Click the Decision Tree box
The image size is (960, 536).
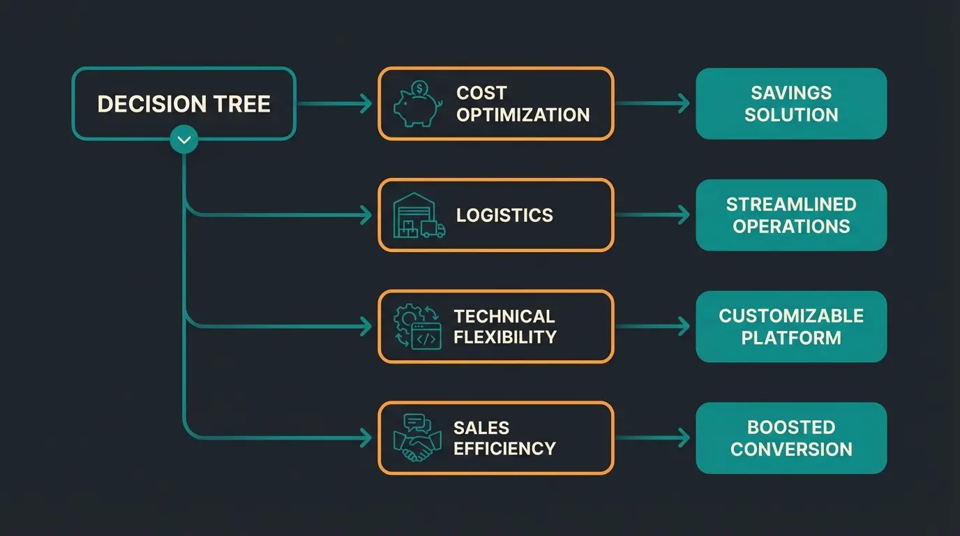point(184,103)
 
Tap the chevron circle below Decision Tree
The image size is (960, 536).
point(184,140)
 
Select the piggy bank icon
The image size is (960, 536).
point(417,105)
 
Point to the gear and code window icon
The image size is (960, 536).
point(417,327)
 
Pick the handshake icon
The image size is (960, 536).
point(417,438)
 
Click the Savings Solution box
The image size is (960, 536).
point(791,103)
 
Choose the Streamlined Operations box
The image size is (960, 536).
point(791,215)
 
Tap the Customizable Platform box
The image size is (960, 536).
point(791,327)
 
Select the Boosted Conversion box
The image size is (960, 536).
point(791,438)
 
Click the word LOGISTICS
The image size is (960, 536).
point(504,215)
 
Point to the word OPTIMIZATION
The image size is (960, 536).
point(523,114)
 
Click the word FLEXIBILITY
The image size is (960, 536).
point(505,337)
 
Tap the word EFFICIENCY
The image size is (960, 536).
point(504,448)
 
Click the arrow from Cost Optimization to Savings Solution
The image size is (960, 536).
point(653,103)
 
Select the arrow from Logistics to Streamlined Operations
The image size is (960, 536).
point(653,215)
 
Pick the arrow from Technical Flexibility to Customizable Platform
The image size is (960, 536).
point(653,327)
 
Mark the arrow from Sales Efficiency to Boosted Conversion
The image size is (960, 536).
point(653,438)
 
